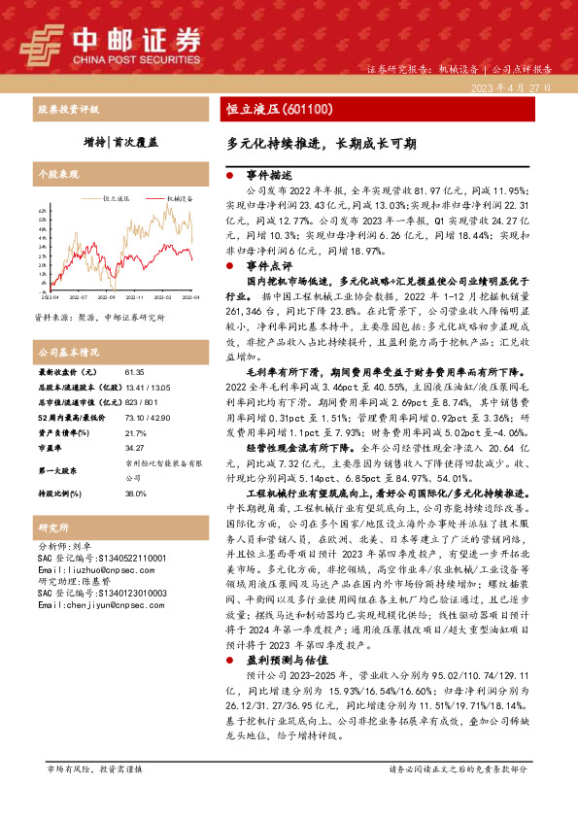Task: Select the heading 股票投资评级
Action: coord(69,109)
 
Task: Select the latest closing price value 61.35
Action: coord(134,372)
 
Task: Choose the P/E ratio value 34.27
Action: coord(134,447)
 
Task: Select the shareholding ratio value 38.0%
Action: coord(135,494)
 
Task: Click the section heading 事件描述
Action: coord(267,175)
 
